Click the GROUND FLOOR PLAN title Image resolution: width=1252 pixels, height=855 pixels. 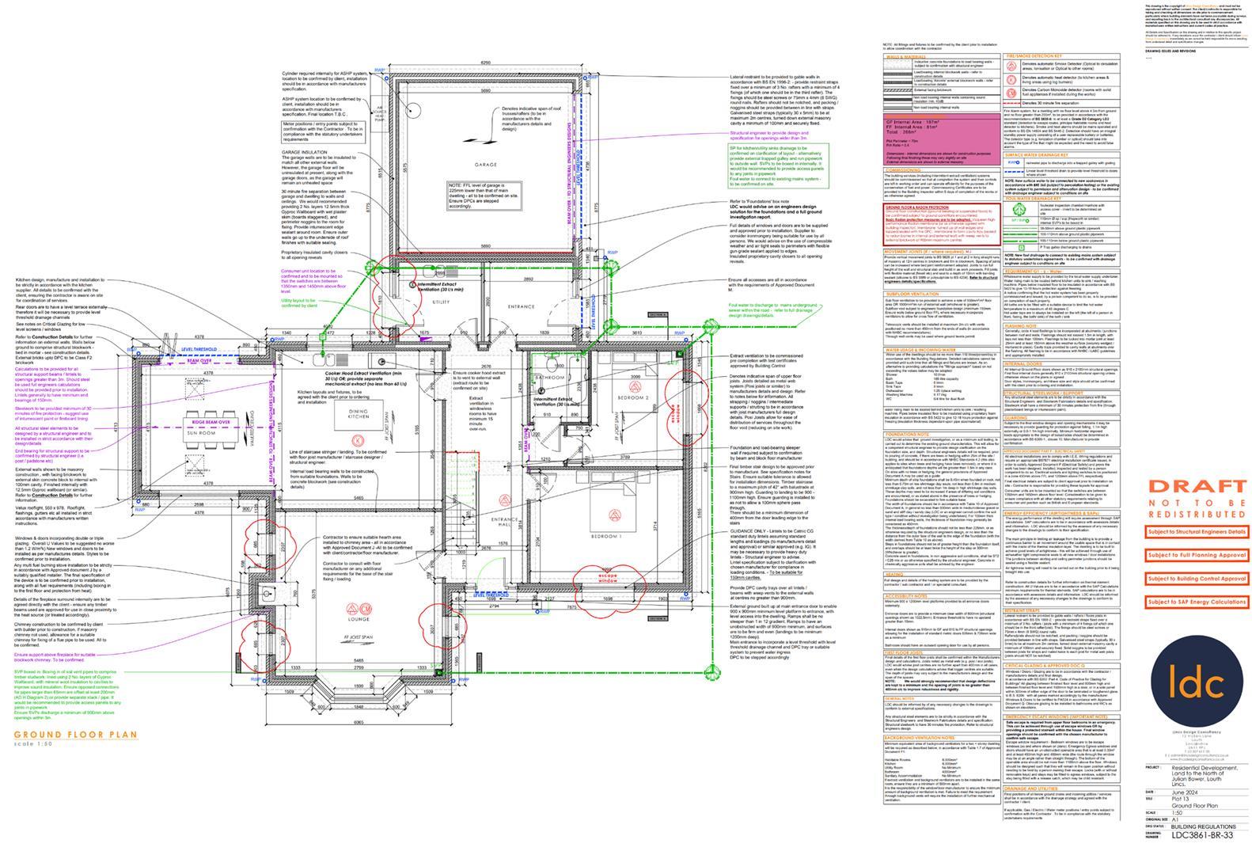75,735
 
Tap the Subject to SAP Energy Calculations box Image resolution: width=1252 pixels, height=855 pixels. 1197,602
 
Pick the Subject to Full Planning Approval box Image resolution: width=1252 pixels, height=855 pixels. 1197,556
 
